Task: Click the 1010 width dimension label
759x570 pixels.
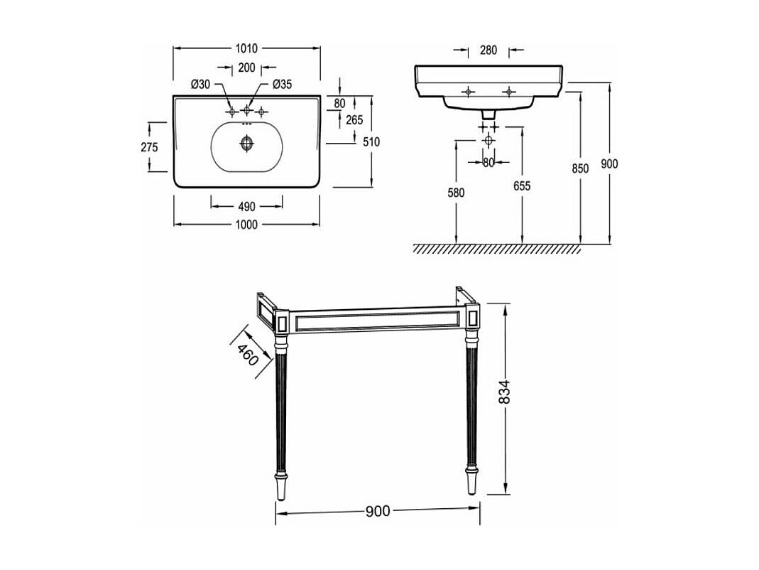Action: tap(246, 48)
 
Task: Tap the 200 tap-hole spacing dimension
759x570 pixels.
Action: tap(246, 68)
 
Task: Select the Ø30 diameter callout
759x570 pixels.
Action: tap(200, 85)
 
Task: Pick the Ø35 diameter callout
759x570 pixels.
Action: tap(282, 85)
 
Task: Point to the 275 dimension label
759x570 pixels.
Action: tap(149, 147)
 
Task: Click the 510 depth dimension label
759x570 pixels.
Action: tap(371, 142)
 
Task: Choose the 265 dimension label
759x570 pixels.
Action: tap(354, 119)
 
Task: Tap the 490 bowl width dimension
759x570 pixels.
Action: tap(246, 207)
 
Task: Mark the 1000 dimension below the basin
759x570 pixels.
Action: tap(246, 225)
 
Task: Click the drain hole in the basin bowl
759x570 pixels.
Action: tap(246, 144)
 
